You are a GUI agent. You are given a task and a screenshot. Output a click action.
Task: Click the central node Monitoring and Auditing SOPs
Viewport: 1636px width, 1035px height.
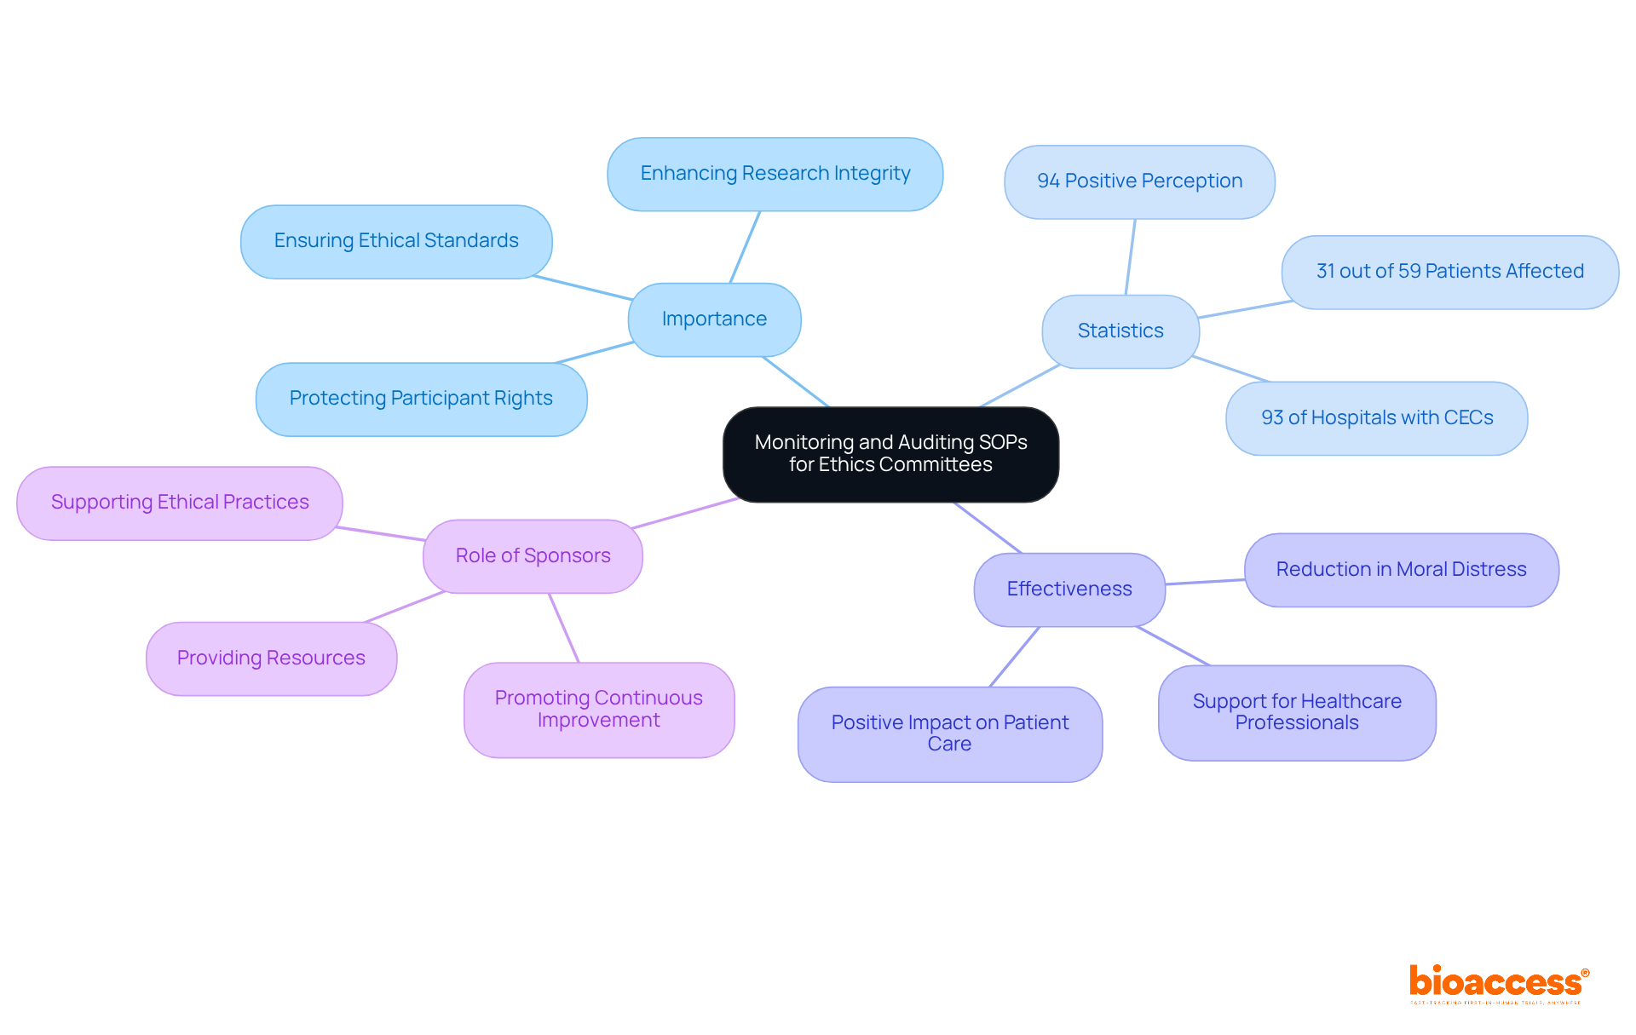pyautogui.click(x=890, y=454)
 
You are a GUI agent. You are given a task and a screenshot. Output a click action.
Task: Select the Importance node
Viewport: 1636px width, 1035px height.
pyautogui.click(x=714, y=319)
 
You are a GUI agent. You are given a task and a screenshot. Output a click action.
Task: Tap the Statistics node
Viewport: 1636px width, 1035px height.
pyautogui.click(x=1120, y=331)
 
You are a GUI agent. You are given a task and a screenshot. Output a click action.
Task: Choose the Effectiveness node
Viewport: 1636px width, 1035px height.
pyautogui.click(x=1069, y=589)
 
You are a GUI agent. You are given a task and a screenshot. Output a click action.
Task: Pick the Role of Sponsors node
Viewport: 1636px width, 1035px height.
pyautogui.click(x=533, y=556)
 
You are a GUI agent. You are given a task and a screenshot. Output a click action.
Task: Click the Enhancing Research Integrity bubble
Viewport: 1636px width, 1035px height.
pyautogui.click(x=775, y=174)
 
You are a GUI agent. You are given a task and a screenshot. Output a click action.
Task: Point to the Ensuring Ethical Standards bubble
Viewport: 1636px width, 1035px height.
pyautogui.click(x=396, y=241)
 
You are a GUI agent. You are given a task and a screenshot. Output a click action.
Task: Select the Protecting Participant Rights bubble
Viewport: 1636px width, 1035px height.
pyautogui.click(x=421, y=399)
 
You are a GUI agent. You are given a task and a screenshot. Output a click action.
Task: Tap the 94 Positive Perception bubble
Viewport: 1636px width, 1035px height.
pyautogui.click(x=1139, y=181)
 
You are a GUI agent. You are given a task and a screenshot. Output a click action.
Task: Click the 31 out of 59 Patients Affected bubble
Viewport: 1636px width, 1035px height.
pyautogui.click(x=1449, y=272)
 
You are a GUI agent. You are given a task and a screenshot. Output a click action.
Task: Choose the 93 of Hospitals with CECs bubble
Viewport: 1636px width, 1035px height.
pyautogui.click(x=1376, y=418)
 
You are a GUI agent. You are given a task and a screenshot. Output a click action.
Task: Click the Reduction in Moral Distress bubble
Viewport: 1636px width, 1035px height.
pyautogui.click(x=1401, y=570)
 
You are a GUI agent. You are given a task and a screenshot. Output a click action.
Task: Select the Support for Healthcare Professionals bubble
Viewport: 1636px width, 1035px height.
pyautogui.click(x=1296, y=712)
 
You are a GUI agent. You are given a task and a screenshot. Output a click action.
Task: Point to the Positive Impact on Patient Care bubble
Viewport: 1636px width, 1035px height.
pyautogui.click(x=949, y=733)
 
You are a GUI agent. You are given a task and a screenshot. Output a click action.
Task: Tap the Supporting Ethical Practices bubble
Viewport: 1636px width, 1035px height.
pyautogui.click(x=180, y=503)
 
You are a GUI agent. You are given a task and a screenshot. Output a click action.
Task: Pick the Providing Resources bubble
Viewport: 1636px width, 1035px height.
pyautogui.click(x=271, y=658)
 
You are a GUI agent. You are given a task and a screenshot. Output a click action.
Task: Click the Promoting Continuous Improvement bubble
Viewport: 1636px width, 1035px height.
pyautogui.click(x=598, y=710)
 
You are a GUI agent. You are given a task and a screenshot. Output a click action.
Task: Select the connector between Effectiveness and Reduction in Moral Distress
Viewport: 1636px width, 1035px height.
pyautogui.click(x=1205, y=582)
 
